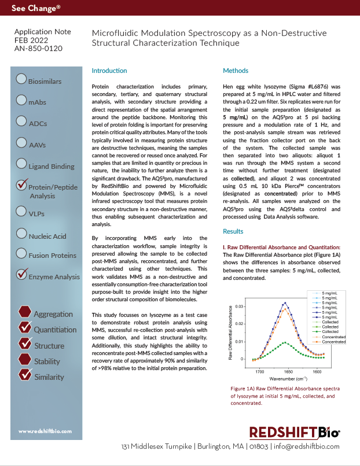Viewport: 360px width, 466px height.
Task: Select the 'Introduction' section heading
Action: point(109,71)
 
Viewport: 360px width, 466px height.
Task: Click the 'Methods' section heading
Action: point(236,71)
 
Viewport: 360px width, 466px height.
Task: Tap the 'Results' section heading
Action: point(233,231)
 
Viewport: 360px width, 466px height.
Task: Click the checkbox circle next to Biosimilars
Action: point(21,79)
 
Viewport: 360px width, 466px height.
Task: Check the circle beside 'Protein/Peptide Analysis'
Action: point(22,185)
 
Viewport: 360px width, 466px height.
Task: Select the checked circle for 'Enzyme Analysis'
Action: point(22,273)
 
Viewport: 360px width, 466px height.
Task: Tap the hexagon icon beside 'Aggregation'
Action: point(25,312)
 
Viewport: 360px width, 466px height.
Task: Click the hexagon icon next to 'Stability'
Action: point(25,360)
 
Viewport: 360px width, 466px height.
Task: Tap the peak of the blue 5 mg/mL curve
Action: point(284,302)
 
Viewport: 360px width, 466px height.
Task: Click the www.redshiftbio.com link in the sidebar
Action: point(45,431)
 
